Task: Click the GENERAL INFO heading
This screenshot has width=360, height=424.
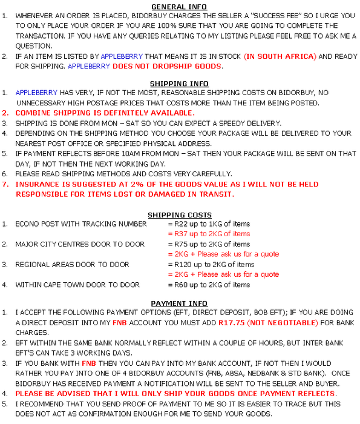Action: pos(179,7)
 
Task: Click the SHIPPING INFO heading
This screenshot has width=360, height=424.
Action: pos(179,84)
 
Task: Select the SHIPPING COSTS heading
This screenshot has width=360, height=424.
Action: pos(180,215)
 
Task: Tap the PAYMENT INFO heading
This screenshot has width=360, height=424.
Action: pos(179,303)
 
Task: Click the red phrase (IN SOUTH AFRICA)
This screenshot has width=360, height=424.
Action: pos(280,56)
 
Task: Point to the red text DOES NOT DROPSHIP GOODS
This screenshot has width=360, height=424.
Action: pos(167,66)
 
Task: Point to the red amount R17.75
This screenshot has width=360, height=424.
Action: pos(232,323)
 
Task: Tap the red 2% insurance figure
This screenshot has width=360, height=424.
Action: pos(137,184)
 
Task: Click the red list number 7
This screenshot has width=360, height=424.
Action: pos(5,184)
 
